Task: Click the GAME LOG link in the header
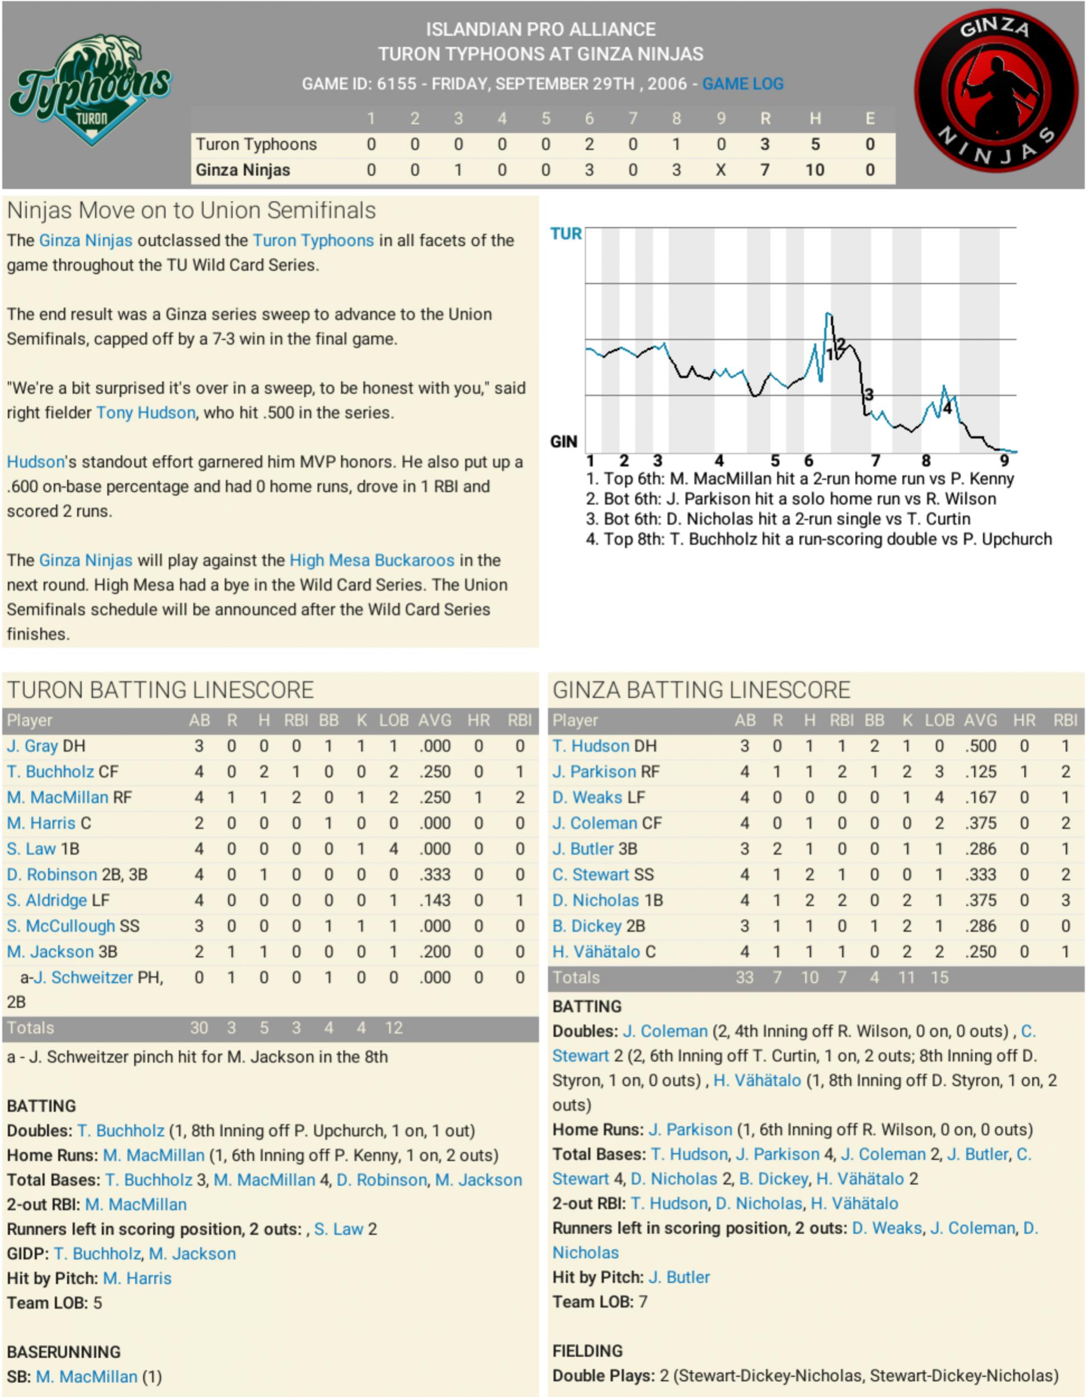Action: (x=742, y=84)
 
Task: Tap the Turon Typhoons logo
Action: (x=90, y=90)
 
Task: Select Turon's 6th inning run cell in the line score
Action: (x=589, y=144)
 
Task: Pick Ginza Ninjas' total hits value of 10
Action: (x=815, y=170)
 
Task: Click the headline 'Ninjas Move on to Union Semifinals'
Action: (x=191, y=210)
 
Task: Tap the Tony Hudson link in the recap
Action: (x=146, y=412)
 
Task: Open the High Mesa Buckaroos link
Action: (x=371, y=561)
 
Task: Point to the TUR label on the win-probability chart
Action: (x=566, y=234)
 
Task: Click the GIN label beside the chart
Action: (x=564, y=441)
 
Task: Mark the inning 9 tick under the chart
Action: (x=1004, y=460)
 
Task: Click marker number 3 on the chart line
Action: (x=868, y=394)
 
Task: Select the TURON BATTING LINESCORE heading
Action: (x=161, y=690)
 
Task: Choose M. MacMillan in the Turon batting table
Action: (x=58, y=798)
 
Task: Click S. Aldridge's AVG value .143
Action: (x=435, y=901)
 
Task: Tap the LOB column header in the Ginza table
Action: (x=939, y=721)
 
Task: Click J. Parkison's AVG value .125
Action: (x=980, y=772)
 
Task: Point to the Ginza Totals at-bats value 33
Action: (x=744, y=977)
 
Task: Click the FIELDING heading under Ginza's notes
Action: (x=587, y=1351)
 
